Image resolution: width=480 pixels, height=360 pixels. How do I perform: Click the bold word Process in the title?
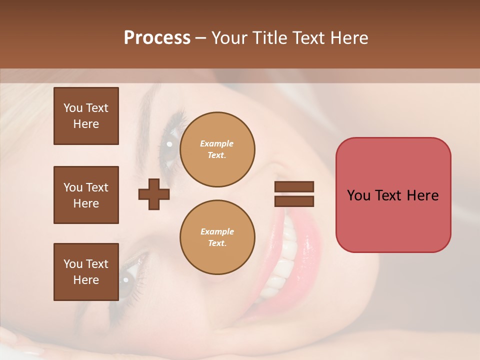pos(157,37)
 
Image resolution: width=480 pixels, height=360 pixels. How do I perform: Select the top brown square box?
pos(86,116)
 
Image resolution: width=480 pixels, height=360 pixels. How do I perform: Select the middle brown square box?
pos(86,195)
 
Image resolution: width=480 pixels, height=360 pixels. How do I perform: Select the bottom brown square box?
pos(86,272)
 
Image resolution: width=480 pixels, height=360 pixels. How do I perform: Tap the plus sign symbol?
pos(154,194)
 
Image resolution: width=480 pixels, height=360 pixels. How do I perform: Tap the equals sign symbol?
pos(294,194)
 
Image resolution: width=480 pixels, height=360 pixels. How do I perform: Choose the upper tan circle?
pos(217,149)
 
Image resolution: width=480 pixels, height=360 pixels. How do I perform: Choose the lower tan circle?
pos(217,237)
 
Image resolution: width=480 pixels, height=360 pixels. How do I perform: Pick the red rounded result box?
pos(393,194)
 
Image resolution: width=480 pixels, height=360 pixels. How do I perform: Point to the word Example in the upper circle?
pos(217,143)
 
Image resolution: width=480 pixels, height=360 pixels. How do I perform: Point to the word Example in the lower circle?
pos(217,231)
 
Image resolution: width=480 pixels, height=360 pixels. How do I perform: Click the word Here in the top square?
pos(86,124)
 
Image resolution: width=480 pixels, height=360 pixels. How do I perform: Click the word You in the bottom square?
pos(73,264)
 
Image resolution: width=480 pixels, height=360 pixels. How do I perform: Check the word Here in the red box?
pos(423,195)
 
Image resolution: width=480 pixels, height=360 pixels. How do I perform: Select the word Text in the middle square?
pos(97,187)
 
